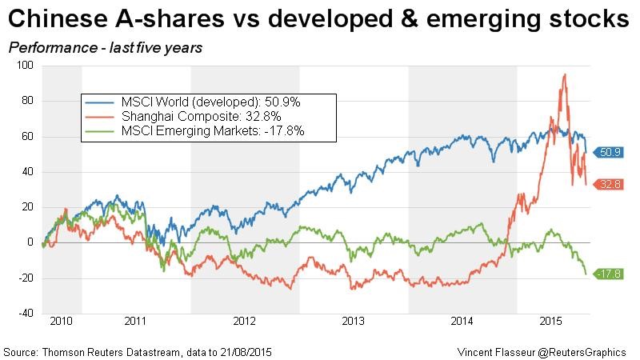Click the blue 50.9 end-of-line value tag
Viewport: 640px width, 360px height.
point(610,151)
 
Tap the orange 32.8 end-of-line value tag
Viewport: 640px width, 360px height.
point(610,184)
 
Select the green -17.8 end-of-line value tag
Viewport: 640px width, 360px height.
point(610,274)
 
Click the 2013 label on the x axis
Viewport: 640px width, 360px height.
point(354,322)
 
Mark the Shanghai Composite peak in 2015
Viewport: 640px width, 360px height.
point(565,74)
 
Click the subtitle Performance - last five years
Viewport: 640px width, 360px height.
point(105,48)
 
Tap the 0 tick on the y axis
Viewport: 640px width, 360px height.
point(30,242)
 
